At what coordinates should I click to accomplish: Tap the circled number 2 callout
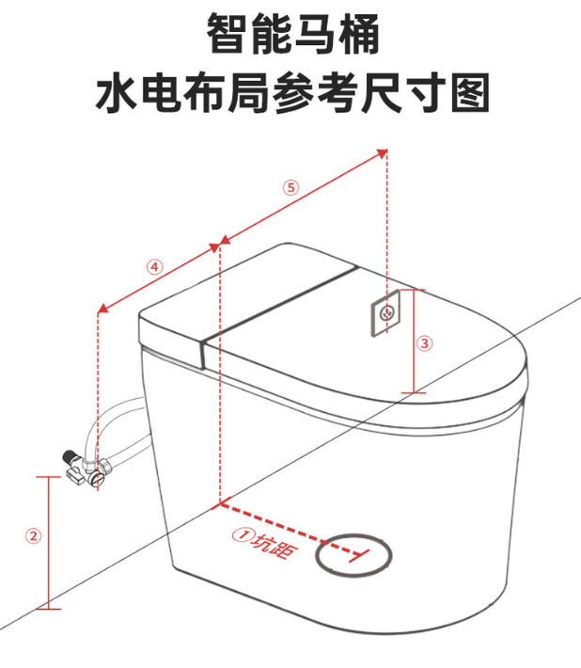point(34,535)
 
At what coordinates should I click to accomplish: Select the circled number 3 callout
point(424,343)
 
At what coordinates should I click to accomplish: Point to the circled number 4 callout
point(155,267)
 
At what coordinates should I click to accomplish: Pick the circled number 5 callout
point(291,187)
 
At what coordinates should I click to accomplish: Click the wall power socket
point(385,313)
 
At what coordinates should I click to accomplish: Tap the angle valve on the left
point(85,469)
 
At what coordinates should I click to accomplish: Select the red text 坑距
point(274,546)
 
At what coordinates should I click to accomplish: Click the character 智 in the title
point(228,34)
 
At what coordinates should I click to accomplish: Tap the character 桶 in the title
point(358,34)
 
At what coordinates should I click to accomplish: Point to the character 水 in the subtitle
point(116,92)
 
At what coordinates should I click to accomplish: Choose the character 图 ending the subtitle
point(470,92)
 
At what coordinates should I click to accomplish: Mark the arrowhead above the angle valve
point(102,308)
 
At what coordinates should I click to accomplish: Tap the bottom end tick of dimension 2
point(48,609)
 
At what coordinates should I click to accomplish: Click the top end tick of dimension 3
point(413,290)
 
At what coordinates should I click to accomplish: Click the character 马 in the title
point(315,34)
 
